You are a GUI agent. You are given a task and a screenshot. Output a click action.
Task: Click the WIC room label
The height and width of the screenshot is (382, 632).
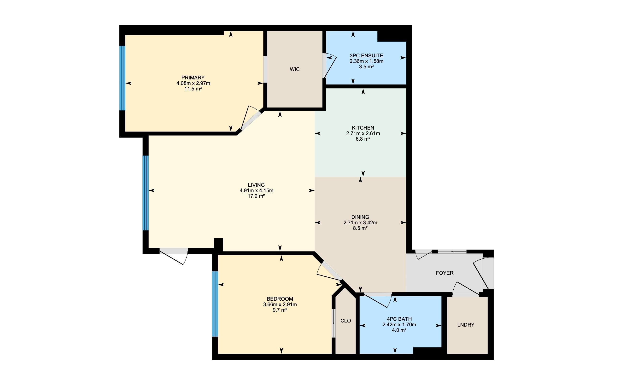(294, 69)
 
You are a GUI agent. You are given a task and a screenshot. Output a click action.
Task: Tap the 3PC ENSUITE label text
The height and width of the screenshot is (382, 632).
(366, 55)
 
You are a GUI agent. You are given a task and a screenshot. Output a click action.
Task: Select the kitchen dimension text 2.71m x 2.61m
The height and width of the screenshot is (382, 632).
(363, 133)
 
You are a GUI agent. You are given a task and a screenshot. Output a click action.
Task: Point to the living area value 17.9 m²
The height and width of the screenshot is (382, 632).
(256, 196)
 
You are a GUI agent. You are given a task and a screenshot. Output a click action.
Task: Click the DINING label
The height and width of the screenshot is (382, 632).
(360, 217)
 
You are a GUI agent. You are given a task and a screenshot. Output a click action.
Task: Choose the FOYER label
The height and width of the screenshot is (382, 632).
(445, 273)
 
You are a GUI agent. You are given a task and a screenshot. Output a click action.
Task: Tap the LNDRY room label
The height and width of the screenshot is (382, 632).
(466, 325)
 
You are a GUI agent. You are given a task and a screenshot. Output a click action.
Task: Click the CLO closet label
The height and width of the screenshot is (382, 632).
(345, 321)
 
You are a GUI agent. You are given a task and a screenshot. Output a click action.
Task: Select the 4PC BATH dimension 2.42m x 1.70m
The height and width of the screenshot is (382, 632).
(399, 325)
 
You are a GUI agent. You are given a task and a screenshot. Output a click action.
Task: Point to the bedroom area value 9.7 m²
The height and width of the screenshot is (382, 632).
(280, 310)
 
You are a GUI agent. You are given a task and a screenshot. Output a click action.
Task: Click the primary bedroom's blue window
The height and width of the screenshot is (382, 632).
(123, 78)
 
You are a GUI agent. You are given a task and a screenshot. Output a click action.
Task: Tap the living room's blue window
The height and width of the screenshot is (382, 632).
(146, 193)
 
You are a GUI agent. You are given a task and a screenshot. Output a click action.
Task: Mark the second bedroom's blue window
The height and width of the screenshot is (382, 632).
(215, 304)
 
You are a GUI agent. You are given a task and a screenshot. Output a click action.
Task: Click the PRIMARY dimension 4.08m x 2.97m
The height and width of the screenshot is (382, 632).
(193, 83)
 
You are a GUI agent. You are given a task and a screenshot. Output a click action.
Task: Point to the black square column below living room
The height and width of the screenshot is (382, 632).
(218, 245)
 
